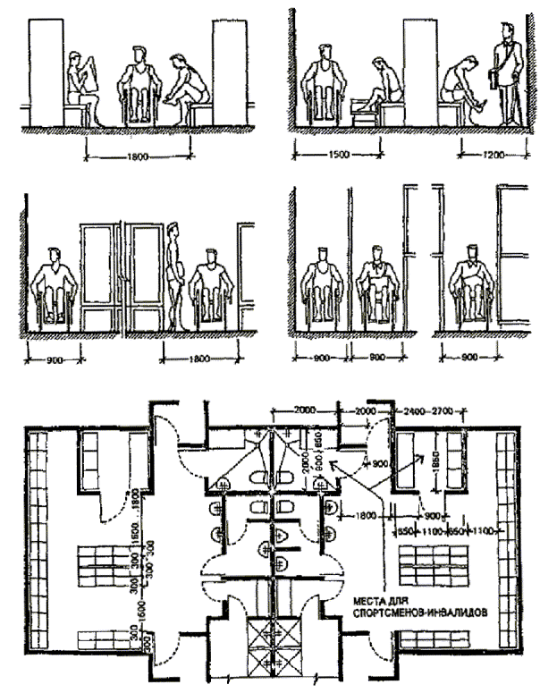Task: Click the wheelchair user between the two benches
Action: point(138,86)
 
